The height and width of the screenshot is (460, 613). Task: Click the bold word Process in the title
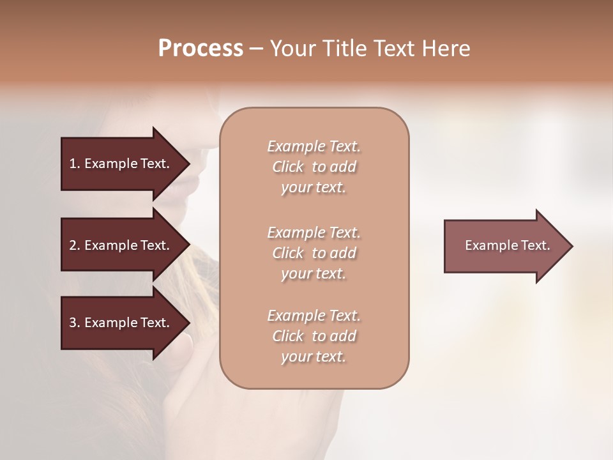pos(201,49)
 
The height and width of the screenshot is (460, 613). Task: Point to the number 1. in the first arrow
pos(75,164)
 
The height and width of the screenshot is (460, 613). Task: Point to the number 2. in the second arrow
pos(75,245)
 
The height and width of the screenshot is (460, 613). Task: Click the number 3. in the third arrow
pos(75,323)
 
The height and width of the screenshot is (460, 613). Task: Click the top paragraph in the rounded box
pos(314,167)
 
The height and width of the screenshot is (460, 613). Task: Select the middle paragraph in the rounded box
pos(314,253)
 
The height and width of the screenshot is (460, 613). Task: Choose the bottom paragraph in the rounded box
pos(314,336)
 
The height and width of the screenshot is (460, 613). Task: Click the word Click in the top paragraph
pos(288,167)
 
